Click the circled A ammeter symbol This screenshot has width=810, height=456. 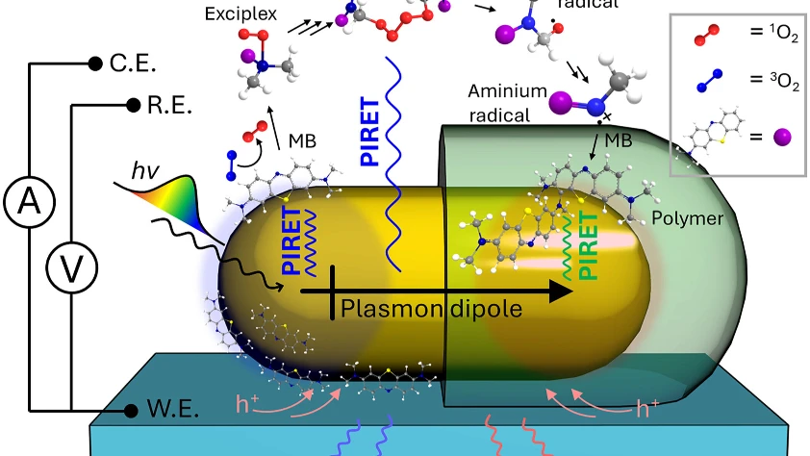pos(30,202)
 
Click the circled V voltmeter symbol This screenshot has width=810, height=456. pos(72,268)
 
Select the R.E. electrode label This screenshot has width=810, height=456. pos(169,106)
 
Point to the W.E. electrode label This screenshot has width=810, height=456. pos(173,409)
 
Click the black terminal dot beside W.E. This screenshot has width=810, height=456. pos(131,411)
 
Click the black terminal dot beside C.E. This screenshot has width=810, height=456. pos(95,63)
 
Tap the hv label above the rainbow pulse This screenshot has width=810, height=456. pos(145,170)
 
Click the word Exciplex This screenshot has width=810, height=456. pos(240,13)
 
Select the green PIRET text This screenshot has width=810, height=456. pos(589,245)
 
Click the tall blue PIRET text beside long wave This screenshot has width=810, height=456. pos(370,131)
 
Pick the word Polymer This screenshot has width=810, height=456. pos(687,218)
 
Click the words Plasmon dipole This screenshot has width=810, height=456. pos(431,309)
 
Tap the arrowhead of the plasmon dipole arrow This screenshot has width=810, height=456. pos(562,291)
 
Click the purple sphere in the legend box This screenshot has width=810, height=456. pos(782,138)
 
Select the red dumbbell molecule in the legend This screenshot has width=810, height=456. pos(706,35)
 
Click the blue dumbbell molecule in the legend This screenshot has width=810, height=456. pos(709,81)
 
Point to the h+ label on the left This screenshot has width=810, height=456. pos(246,404)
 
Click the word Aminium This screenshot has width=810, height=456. pos(507,91)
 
